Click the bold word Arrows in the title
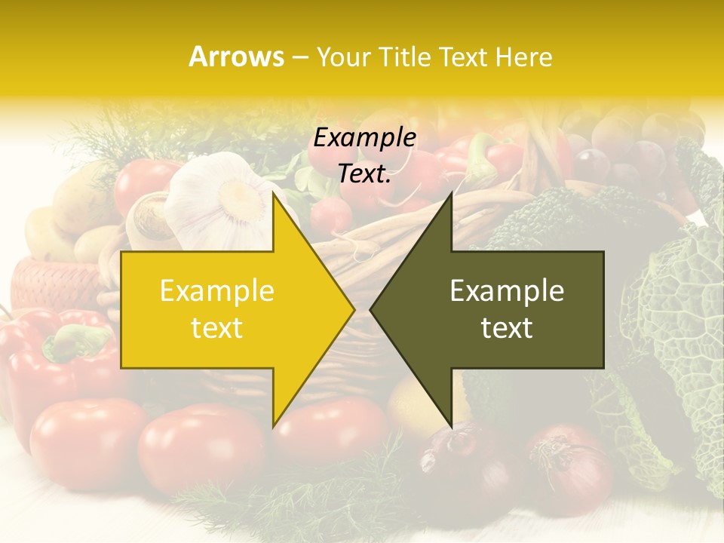point(237,57)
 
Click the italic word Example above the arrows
point(364,138)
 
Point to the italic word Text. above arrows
point(364,174)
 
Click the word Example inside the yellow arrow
point(217,290)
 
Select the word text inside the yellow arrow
point(217,328)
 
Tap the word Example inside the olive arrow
point(507,290)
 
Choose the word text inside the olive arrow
point(507,328)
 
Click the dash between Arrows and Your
point(299,57)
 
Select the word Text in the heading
point(463,57)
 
